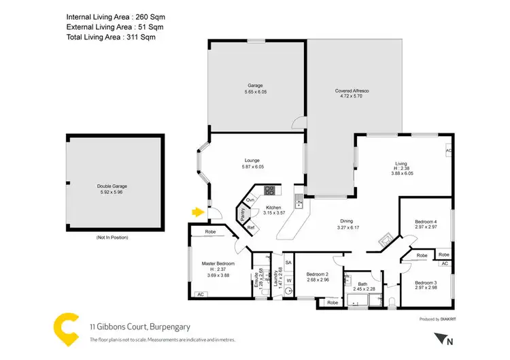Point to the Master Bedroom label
[x=218, y=263]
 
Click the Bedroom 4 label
[x=426, y=222]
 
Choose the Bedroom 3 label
[x=426, y=282]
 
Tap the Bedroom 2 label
[x=317, y=274]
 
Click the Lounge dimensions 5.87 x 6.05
[x=252, y=167]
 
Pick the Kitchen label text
[x=273, y=208]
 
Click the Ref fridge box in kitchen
[x=250, y=227]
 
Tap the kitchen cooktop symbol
[x=269, y=190]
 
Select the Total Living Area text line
[x=111, y=37]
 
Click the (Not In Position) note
[x=112, y=238]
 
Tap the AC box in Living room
[x=449, y=150]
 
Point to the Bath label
[x=362, y=284]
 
